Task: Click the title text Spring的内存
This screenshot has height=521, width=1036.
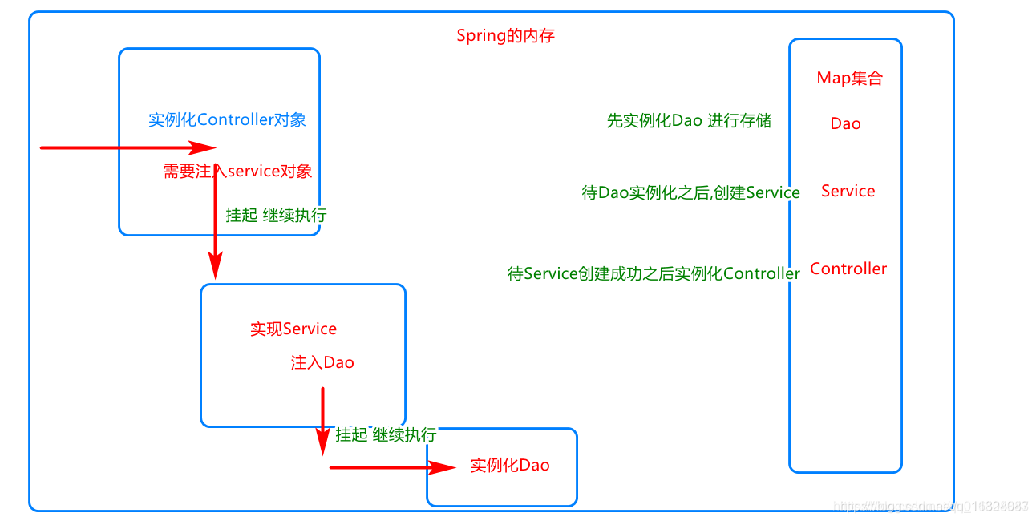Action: click(x=505, y=36)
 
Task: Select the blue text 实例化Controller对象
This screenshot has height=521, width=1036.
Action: click(x=227, y=120)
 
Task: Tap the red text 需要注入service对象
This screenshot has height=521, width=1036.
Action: click(x=237, y=171)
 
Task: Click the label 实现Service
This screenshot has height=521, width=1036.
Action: click(x=293, y=329)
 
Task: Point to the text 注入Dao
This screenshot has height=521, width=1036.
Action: click(x=322, y=363)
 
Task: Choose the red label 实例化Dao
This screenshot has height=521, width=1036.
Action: click(x=510, y=466)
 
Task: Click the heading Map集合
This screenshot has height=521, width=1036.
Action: click(x=849, y=79)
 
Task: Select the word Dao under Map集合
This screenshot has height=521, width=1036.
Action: click(x=845, y=123)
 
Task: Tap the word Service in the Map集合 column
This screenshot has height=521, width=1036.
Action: click(x=848, y=191)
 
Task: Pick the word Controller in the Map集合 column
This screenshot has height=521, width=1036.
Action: click(x=848, y=269)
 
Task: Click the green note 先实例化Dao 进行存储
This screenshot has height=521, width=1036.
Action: click(x=689, y=121)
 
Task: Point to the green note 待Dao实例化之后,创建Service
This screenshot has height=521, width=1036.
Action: click(x=690, y=193)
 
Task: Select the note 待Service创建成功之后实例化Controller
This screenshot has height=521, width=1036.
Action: click(x=654, y=274)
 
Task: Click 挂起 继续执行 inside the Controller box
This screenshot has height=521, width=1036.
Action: click(x=276, y=216)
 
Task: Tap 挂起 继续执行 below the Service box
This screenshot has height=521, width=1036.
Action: click(x=386, y=435)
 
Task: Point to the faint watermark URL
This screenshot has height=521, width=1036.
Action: click(x=930, y=506)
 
